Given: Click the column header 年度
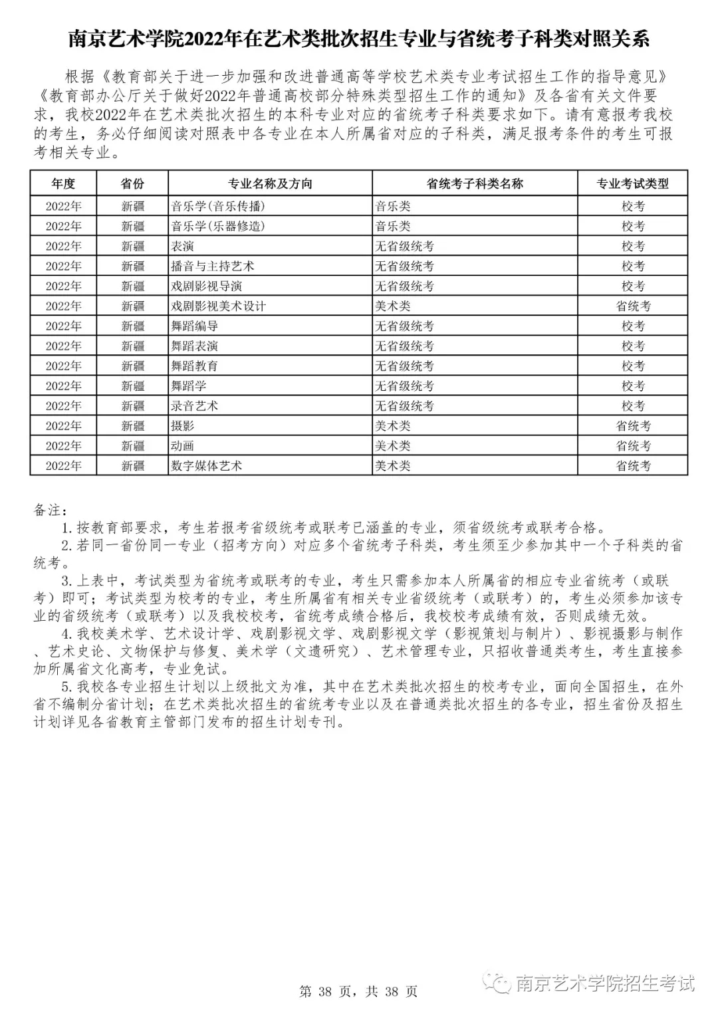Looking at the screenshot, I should (63, 183).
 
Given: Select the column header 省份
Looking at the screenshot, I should (132, 183).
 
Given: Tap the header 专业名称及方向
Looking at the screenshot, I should (270, 183).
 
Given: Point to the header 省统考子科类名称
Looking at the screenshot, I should (475, 183).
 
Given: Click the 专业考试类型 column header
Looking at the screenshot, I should (632, 183).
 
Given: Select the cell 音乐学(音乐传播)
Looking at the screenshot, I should (218, 206).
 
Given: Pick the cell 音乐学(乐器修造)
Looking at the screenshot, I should (218, 226).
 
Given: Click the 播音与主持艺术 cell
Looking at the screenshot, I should (213, 266).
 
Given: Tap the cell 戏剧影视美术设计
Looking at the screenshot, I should (218, 306).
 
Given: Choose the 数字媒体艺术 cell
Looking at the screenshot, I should (206, 465).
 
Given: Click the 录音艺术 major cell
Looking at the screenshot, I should (194, 405).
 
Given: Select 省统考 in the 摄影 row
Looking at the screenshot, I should (633, 425).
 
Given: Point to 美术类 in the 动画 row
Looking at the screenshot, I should (392, 445).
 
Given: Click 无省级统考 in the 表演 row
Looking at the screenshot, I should (404, 246).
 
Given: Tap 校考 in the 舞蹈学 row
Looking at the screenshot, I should (633, 386).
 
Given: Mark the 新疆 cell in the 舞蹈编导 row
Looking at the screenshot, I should (132, 326).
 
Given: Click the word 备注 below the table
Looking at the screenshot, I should (49, 510).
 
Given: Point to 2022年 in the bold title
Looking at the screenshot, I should (205, 39).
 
